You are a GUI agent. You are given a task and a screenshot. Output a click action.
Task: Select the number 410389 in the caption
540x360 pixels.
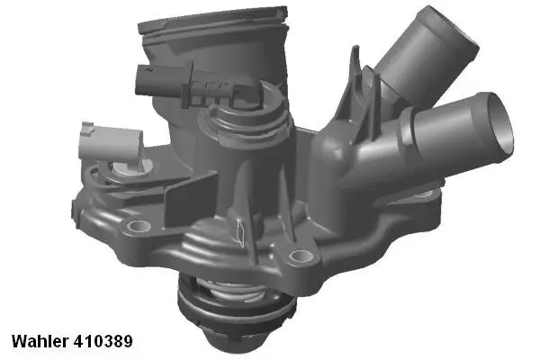[104, 342]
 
